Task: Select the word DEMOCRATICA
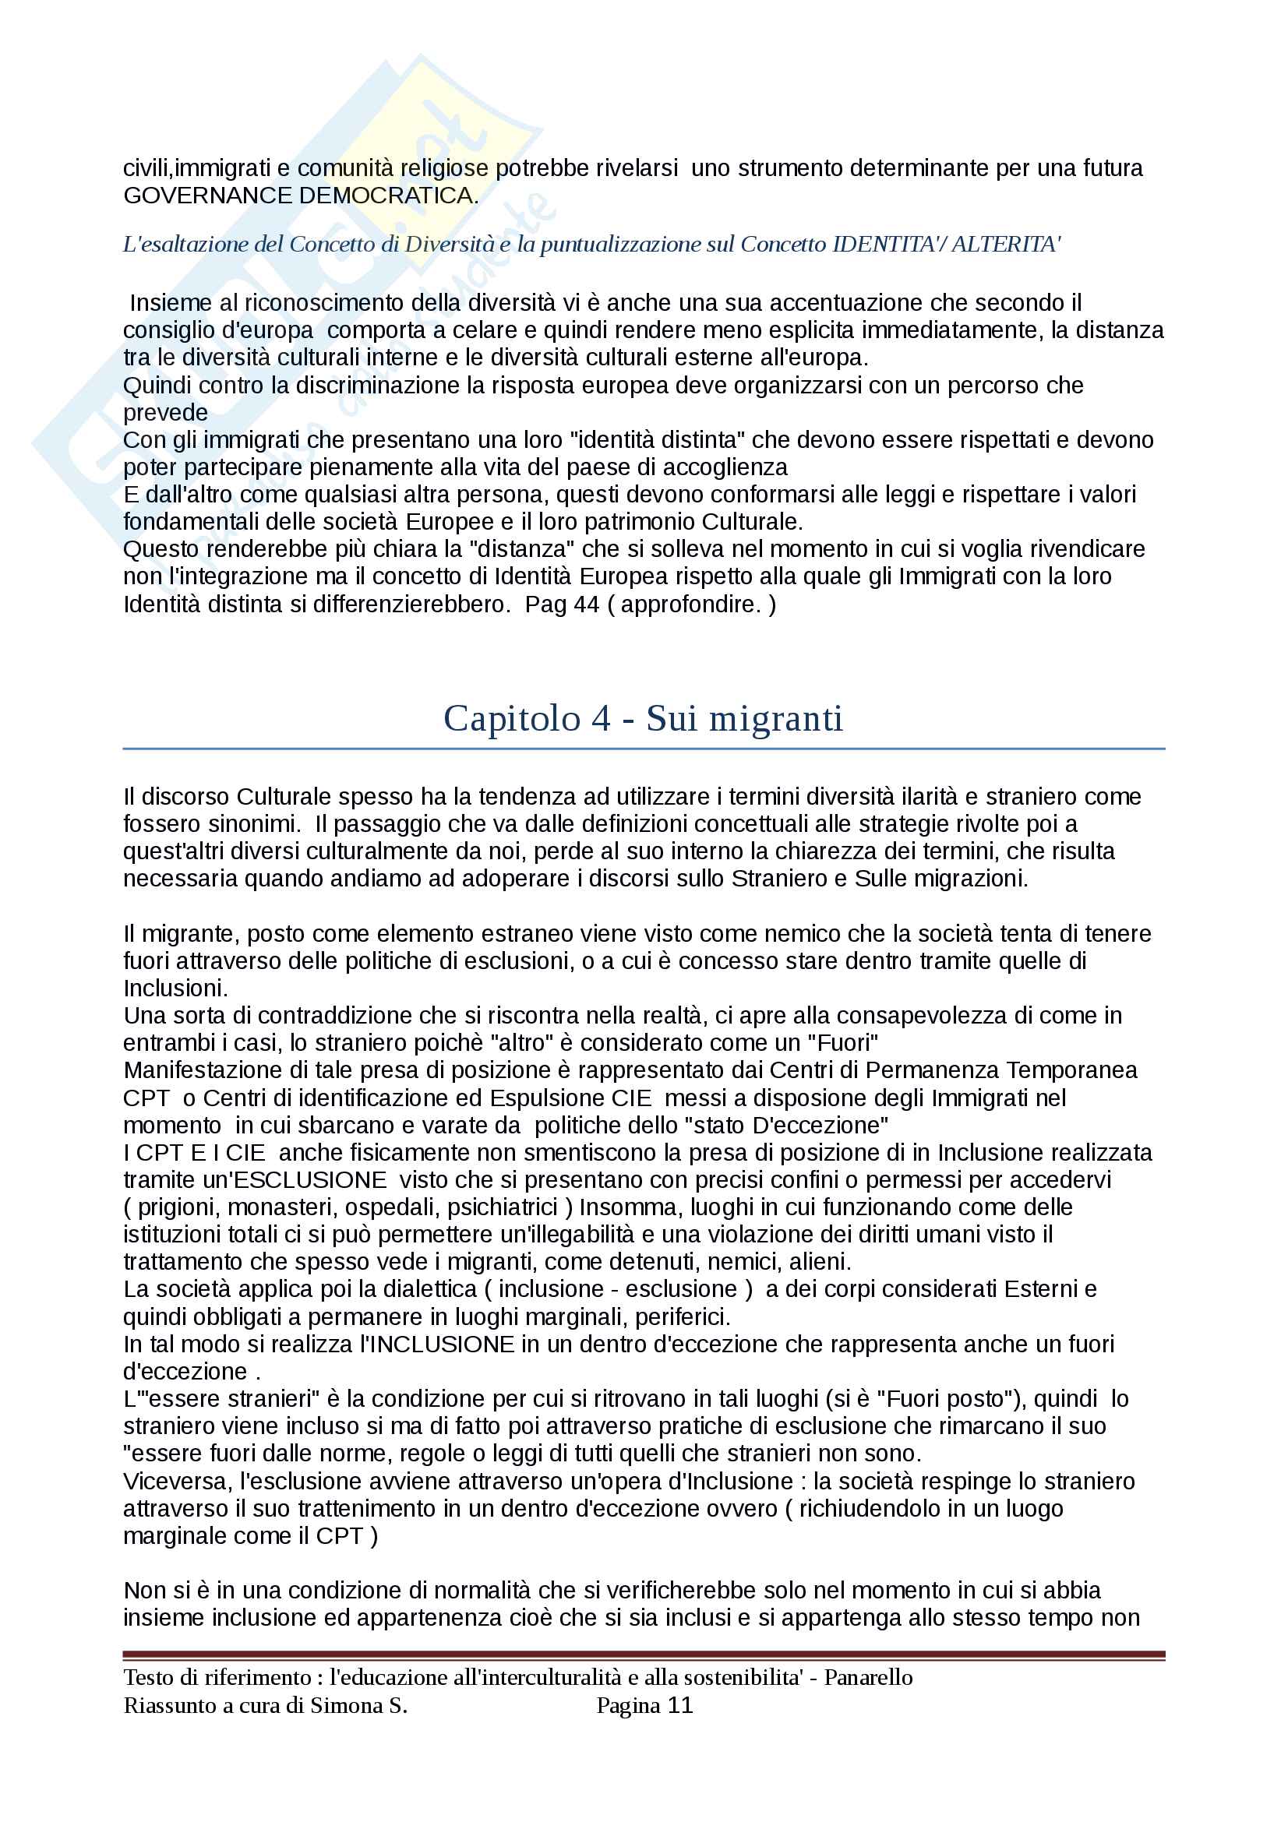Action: tap(389, 196)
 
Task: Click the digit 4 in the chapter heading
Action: tap(600, 718)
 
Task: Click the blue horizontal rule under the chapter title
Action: tap(644, 749)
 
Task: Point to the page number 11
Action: tap(680, 1705)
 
